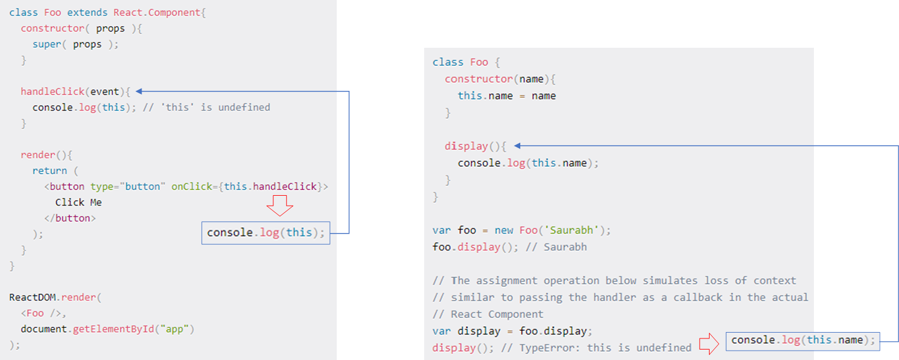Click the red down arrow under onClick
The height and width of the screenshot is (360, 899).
tap(280, 206)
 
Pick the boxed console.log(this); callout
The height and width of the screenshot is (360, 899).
tap(266, 233)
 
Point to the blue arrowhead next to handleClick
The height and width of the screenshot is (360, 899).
tap(140, 91)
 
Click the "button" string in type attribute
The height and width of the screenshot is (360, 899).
tap(138, 186)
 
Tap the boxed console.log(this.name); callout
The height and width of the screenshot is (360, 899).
tap(803, 340)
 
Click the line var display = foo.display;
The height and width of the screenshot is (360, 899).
tap(512, 331)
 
